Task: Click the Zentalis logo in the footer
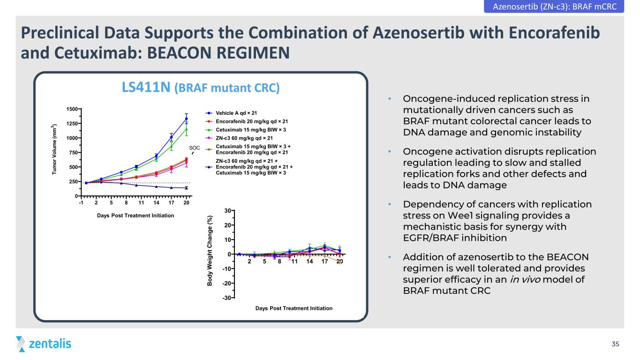coord(44,344)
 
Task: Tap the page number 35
coord(615,344)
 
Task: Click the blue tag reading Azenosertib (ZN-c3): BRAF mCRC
coord(554,6)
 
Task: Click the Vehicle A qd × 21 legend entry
coord(231,113)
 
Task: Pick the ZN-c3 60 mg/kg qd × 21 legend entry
coord(239,138)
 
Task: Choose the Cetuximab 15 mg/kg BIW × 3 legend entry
coord(245,130)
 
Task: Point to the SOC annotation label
coord(194,148)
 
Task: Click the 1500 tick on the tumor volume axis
coord(72,109)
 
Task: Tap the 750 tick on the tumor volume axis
coord(73,152)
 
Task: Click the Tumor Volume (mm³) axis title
coord(54,149)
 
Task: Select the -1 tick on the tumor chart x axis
coord(81,203)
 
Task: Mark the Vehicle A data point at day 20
coord(186,119)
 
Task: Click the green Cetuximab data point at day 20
coord(186,129)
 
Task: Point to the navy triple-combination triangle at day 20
coord(186,187)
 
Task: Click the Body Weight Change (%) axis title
coord(210,251)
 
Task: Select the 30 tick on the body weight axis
coord(228,211)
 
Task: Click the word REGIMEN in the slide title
coord(253,53)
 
